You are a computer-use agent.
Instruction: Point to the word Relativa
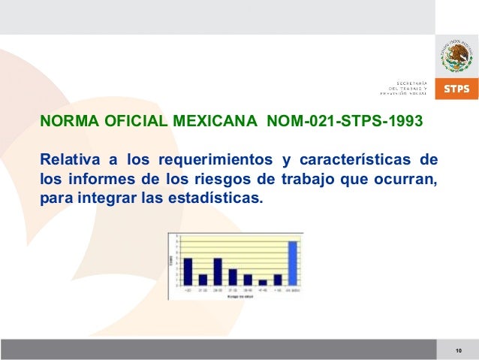click(x=68, y=160)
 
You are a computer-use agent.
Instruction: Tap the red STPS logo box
click(x=457, y=89)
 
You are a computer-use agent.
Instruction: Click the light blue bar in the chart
click(x=293, y=263)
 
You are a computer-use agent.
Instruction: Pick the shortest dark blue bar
click(x=263, y=283)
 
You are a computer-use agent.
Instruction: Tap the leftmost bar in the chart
click(x=188, y=271)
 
